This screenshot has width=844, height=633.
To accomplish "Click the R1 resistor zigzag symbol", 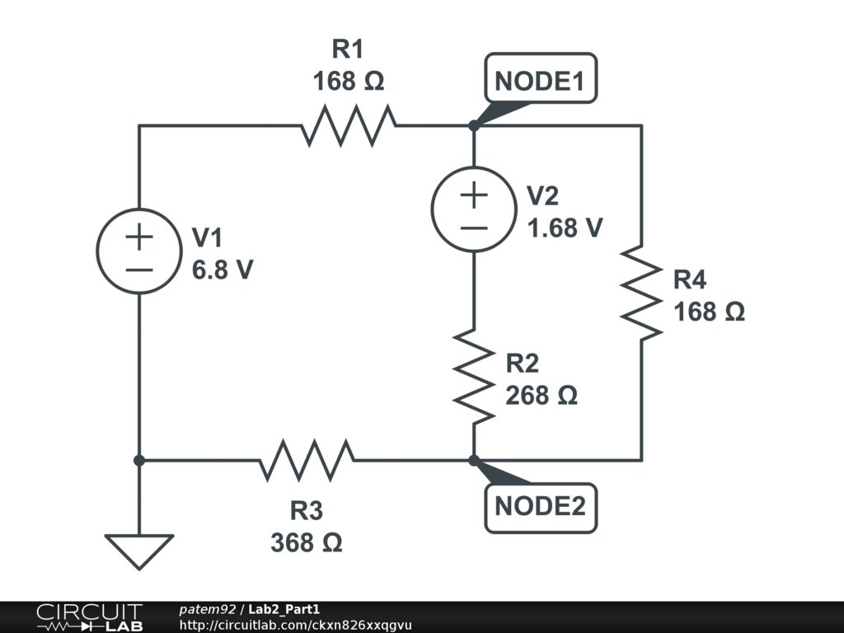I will point(348,126).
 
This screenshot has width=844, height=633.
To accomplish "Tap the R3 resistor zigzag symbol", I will point(307,460).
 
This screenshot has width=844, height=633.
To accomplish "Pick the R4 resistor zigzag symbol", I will point(641,292).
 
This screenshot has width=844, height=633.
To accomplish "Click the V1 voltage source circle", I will point(139,250).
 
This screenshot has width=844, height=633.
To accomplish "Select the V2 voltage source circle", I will point(474,209).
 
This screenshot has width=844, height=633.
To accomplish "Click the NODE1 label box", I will point(539,81).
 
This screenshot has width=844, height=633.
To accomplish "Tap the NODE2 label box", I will point(539,506).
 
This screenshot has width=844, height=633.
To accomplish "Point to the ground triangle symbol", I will point(139,550).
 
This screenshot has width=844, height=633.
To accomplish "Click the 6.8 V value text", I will point(223,270).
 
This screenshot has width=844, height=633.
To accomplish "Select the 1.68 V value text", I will point(565,227).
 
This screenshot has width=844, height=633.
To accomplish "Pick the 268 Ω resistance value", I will point(541,396).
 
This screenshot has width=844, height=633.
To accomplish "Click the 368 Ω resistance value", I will point(306,543).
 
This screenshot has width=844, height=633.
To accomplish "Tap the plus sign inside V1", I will point(139,237).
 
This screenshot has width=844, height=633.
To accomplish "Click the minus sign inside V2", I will point(474,226).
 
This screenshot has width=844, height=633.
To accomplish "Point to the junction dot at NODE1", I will point(474,126).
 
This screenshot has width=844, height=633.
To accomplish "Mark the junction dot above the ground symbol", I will point(139,460).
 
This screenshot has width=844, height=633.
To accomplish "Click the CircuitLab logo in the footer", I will point(88,617).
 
